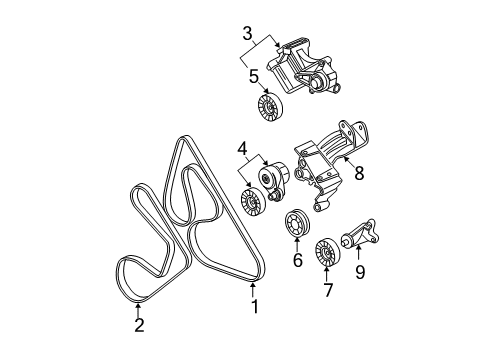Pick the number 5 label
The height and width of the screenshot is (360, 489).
pos(253,76)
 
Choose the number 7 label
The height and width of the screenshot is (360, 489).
pos(327,290)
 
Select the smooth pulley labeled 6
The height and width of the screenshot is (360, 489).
pos(297,225)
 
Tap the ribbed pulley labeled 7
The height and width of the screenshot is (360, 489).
pos(327,254)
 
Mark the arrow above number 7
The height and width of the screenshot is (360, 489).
pos(327,276)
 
